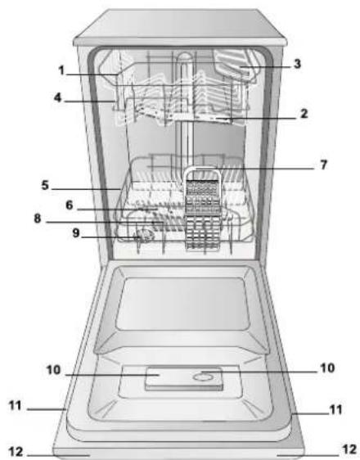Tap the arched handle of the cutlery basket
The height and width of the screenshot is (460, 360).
[x=196, y=173]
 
